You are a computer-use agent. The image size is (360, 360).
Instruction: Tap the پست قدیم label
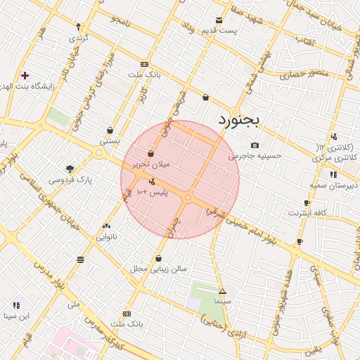pos(219,31)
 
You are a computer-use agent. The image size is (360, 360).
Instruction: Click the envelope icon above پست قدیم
pos(219,20)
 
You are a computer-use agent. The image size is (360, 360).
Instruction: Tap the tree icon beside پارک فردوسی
pos(70,169)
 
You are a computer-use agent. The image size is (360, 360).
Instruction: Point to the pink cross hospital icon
pos(25,75)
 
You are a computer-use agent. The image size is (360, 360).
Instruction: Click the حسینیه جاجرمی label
pos(255,155)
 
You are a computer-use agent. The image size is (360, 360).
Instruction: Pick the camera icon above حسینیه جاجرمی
pos(255,145)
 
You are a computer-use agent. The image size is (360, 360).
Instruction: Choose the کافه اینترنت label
pos(309,212)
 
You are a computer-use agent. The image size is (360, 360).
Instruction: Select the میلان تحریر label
pos(151,164)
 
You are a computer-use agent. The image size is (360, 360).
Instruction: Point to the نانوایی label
pos(107,236)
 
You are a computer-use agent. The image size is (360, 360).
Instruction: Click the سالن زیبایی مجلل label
pos(157,269)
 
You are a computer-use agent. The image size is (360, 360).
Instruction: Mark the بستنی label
pos(110,140)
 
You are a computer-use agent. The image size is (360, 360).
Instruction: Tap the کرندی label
pos(77,37)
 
